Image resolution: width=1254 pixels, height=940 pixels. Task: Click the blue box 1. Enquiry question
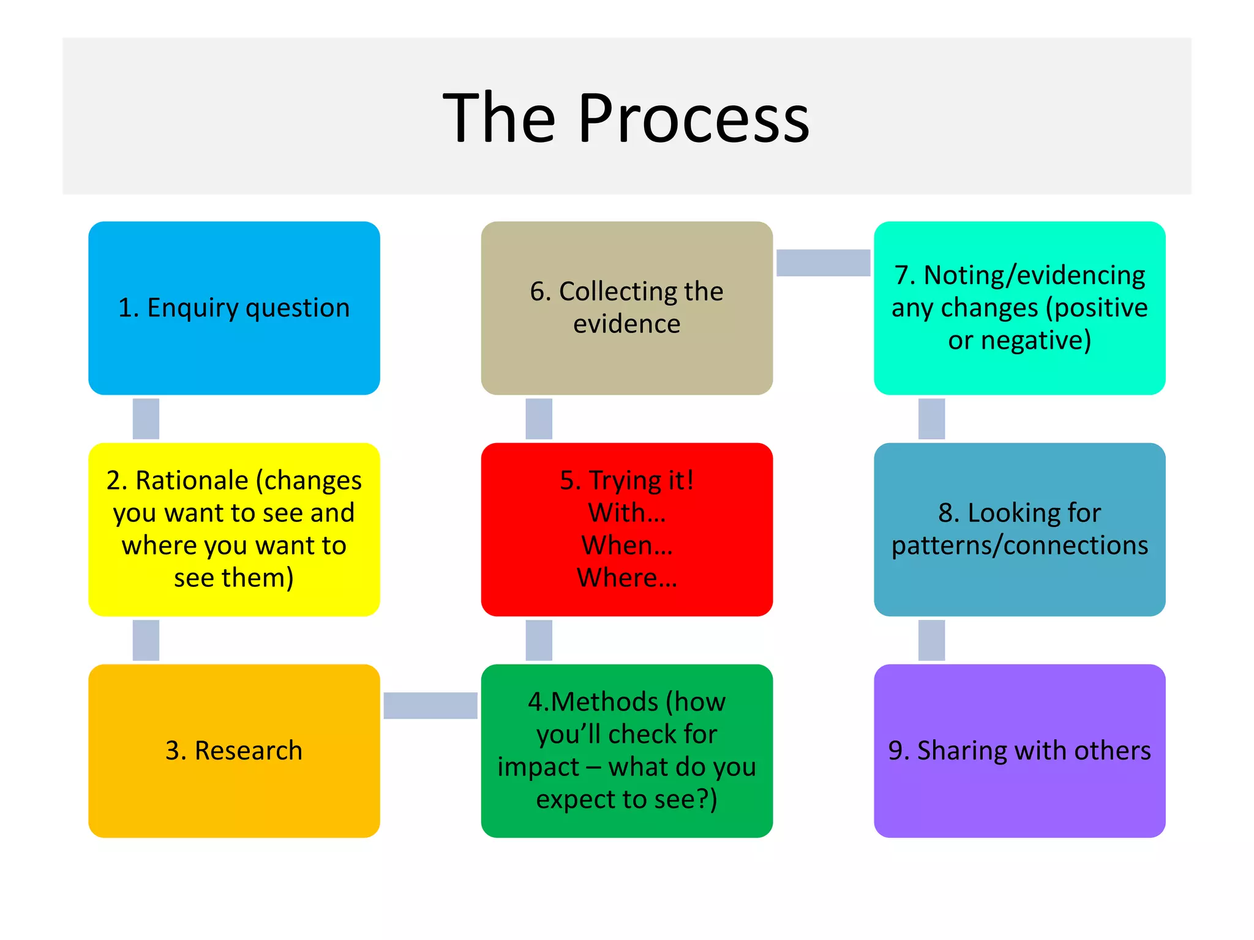click(x=234, y=308)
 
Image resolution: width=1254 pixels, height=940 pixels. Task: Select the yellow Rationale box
click(x=234, y=529)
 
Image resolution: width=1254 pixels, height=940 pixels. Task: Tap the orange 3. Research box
click(x=234, y=750)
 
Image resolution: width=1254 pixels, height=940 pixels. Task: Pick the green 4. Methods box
click(x=626, y=750)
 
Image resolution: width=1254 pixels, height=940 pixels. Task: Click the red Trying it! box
click(x=626, y=529)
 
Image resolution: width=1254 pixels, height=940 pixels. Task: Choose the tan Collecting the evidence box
click(x=626, y=308)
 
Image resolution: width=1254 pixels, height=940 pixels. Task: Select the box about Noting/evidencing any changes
click(x=1019, y=308)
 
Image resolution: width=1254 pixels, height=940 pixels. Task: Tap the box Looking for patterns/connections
click(x=1019, y=529)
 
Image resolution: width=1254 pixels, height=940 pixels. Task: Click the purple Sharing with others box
click(x=1019, y=750)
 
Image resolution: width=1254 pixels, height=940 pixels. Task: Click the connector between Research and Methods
click(x=430, y=705)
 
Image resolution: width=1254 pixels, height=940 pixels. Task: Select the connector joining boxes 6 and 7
click(x=823, y=263)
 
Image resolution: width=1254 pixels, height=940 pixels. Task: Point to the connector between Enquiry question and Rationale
click(x=146, y=419)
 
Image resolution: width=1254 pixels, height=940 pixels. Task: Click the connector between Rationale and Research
click(x=146, y=640)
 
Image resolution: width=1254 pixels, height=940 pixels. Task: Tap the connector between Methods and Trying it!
click(x=539, y=640)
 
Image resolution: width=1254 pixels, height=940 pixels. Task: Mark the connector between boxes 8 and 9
click(x=931, y=640)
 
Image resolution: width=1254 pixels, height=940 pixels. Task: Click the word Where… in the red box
click(x=626, y=578)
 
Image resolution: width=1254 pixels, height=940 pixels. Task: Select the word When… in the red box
click(x=626, y=545)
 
